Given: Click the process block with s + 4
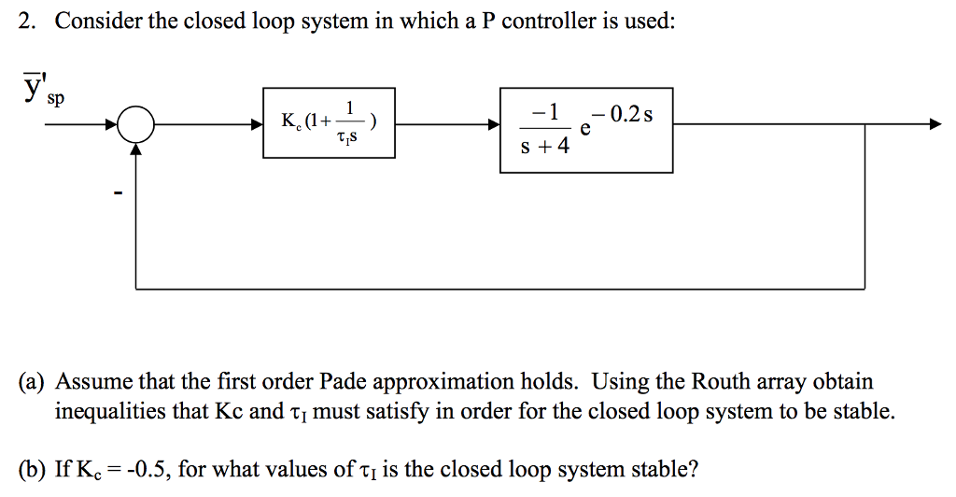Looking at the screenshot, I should coord(585,129).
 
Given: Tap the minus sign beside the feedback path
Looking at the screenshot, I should coord(118,194).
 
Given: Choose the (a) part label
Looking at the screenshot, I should coord(35,381).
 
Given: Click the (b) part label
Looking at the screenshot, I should coord(35,468).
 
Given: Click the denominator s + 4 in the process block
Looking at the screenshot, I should coord(546,148).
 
